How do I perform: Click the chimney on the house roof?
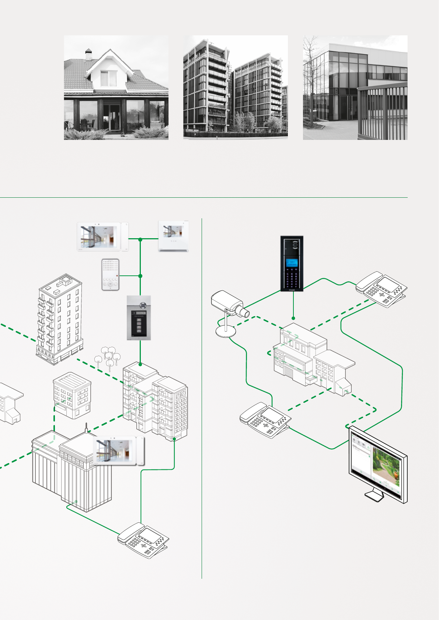pos(88,54)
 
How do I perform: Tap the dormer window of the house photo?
pos(108,78)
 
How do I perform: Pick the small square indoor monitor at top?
pos(173,236)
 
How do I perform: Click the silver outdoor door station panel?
pos(139,317)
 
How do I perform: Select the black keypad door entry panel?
pos(292,264)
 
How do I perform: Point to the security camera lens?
pos(244,313)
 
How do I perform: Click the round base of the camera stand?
pos(226,332)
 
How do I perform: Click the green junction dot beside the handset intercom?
pos(140,276)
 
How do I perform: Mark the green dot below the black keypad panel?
pos(293,318)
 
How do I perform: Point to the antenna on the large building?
pos(86,427)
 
